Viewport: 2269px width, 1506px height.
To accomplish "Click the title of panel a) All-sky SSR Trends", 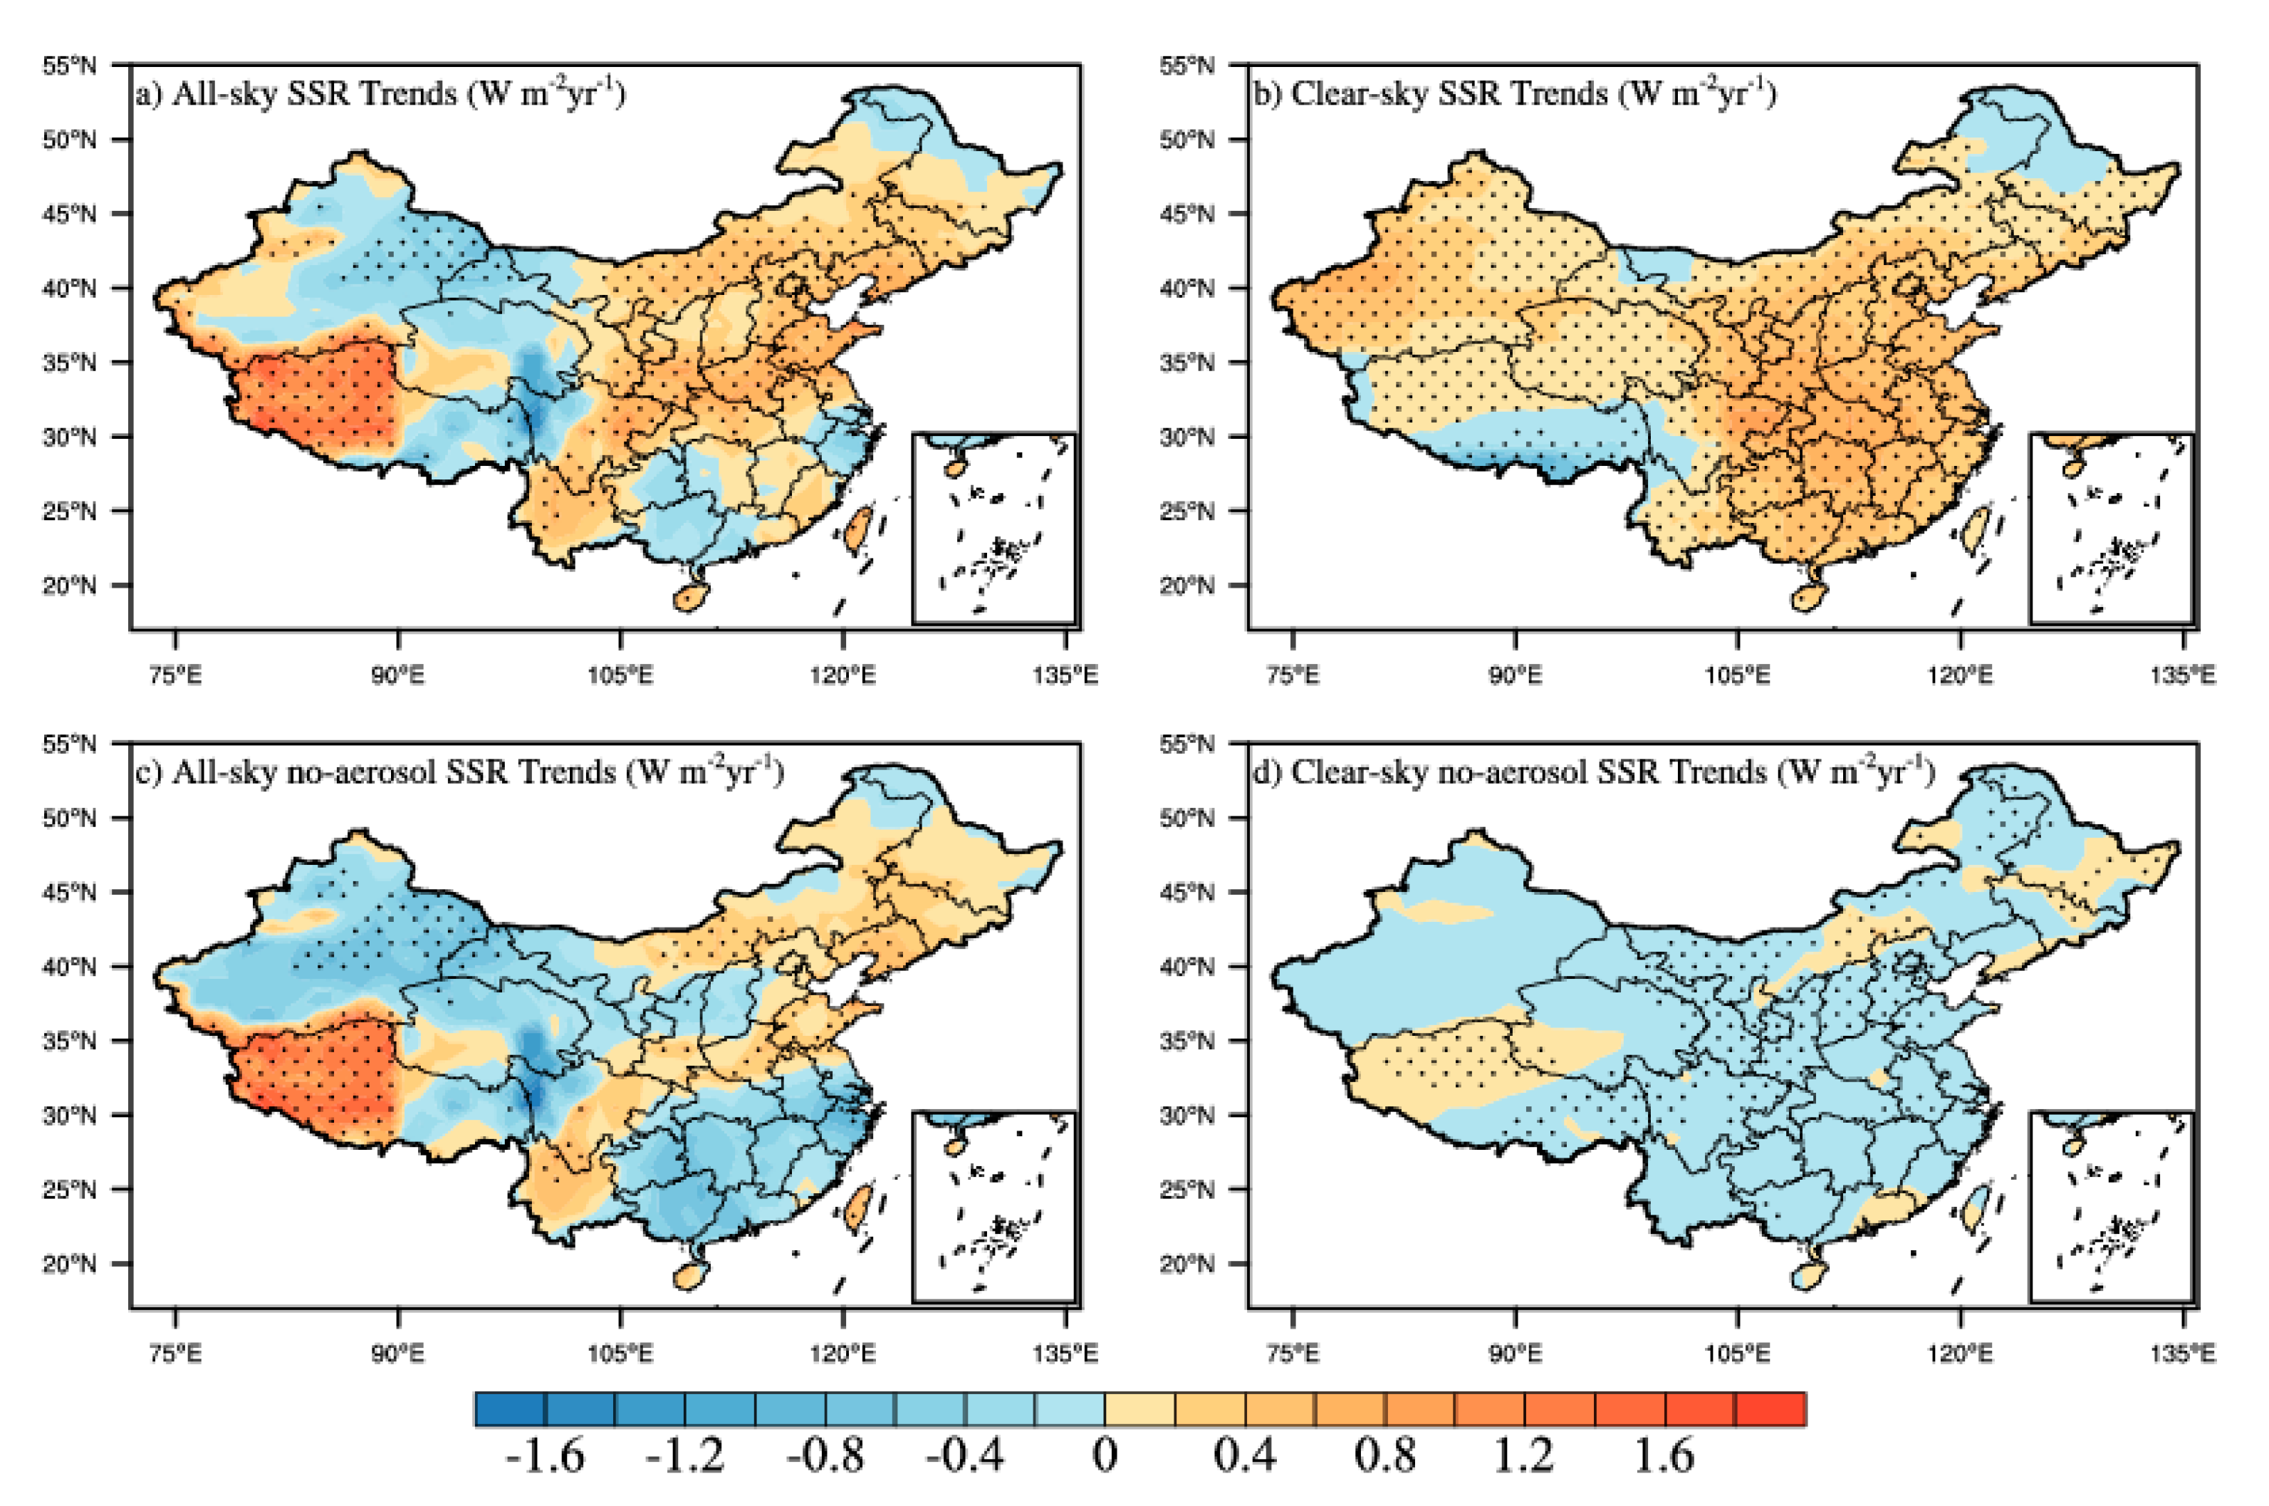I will point(380,94).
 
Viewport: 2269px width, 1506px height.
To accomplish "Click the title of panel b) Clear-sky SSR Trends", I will point(1513,94).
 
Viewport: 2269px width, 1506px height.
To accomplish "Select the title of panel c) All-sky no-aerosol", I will point(458,772).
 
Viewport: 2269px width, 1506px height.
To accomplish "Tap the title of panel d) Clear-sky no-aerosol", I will point(1592,772).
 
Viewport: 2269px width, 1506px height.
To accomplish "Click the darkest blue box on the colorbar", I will point(510,1409).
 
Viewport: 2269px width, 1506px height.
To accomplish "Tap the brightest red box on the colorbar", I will point(1770,1409).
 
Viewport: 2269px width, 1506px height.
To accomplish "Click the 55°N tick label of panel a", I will point(69,66).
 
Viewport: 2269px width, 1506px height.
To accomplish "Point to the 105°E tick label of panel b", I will point(1737,675).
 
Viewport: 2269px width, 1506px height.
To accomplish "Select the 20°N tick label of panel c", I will point(69,1263).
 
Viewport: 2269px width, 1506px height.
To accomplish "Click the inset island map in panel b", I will point(2112,529).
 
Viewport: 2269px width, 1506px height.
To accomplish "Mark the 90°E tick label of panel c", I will point(397,1354).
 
